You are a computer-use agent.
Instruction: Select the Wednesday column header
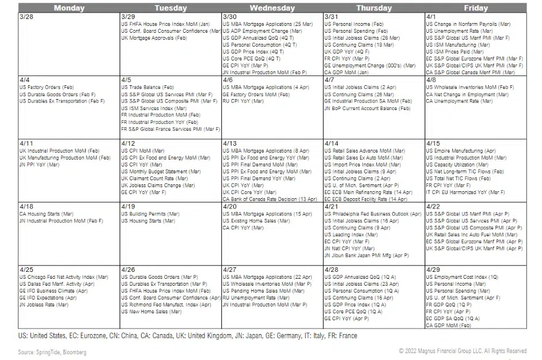272,8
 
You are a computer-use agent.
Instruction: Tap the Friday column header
475,8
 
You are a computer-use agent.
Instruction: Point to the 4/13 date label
230,143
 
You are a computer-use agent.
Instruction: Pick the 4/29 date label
433,270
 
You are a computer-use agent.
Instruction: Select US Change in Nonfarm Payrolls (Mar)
469,24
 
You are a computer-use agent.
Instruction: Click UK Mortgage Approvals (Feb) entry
154,38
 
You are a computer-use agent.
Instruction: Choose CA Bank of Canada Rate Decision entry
270,199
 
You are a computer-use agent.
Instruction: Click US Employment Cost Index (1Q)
462,277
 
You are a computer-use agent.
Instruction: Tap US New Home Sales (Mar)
151,312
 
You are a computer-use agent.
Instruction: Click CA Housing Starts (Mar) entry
46,214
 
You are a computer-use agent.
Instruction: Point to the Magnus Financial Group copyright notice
463,351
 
